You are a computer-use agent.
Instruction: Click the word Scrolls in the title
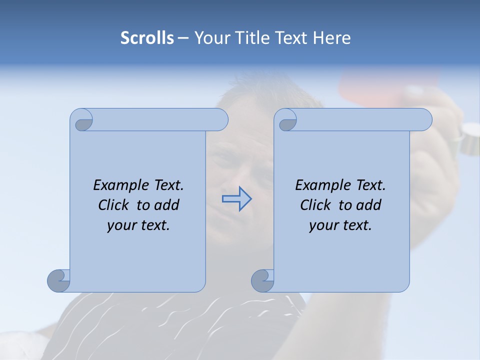[x=147, y=38]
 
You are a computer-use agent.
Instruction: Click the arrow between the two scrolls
[x=236, y=199]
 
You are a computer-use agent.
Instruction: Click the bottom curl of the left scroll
[x=59, y=280]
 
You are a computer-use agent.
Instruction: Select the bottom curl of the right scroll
[x=262, y=280]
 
